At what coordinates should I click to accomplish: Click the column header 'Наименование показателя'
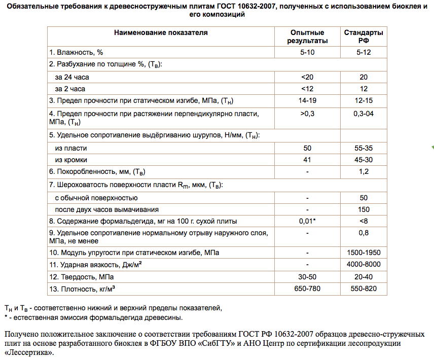[x=161, y=32]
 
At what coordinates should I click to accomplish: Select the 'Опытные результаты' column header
[x=307, y=37]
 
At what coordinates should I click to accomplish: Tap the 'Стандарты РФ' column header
[x=364, y=37]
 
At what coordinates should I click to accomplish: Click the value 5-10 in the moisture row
[x=307, y=52]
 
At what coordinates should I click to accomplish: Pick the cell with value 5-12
[x=364, y=52]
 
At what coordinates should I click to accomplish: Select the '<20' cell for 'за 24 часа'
[x=307, y=77]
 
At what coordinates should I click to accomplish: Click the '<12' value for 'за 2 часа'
[x=307, y=89]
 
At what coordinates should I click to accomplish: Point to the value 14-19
[x=307, y=101]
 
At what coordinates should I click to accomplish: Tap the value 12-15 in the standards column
[x=364, y=101]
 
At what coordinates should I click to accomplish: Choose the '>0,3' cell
[x=307, y=114]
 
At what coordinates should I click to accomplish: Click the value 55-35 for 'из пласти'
[x=364, y=148]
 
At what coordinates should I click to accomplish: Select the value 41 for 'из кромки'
[x=307, y=160]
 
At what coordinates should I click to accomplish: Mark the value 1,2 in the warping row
[x=364, y=172]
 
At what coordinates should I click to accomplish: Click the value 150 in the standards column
[x=364, y=209]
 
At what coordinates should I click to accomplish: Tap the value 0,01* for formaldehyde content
[x=307, y=221]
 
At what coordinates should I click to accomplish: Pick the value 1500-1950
[x=364, y=253]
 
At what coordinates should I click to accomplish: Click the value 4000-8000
[x=364, y=265]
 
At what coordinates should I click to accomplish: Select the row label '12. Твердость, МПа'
[x=81, y=277]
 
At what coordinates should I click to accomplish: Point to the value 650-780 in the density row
[x=307, y=289]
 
